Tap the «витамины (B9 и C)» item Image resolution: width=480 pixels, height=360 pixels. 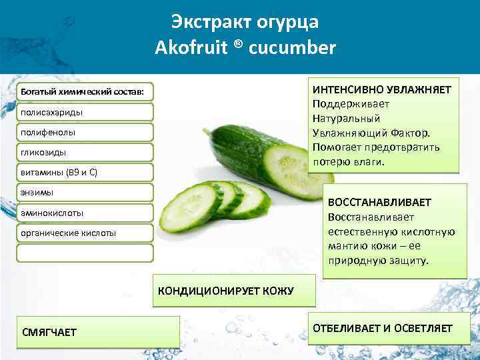60,173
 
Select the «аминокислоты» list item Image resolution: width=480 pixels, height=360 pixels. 53,213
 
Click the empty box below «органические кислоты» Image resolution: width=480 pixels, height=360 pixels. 85,253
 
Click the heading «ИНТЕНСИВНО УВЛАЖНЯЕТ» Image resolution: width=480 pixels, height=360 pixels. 382,89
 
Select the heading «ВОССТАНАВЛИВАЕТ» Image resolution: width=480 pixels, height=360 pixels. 380,202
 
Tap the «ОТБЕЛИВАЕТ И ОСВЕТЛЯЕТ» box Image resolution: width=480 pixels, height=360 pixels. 383,328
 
